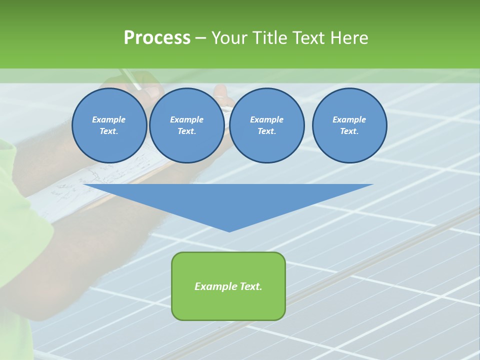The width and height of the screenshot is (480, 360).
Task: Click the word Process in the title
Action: coord(157,38)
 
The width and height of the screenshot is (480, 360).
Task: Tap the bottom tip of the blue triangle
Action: coord(229,230)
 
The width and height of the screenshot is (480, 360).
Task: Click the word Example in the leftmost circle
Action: coord(109,119)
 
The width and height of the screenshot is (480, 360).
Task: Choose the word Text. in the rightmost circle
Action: coord(349,131)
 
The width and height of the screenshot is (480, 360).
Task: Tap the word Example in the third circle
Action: coord(266,119)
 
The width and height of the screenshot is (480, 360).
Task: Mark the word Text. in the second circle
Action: coord(186,131)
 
